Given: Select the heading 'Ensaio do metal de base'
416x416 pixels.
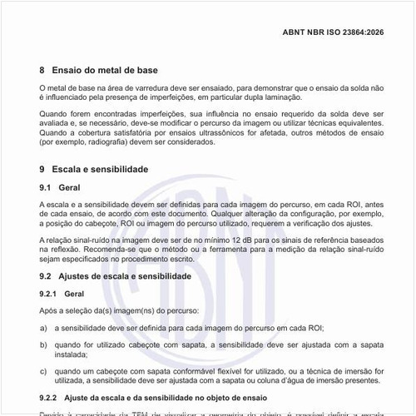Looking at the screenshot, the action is [105, 71].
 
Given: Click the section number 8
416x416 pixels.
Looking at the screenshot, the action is [42, 71].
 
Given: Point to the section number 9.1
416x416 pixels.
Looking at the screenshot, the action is [46, 188].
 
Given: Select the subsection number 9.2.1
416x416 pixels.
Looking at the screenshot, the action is [49, 294].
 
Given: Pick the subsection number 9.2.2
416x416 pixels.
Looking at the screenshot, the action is [49, 396].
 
